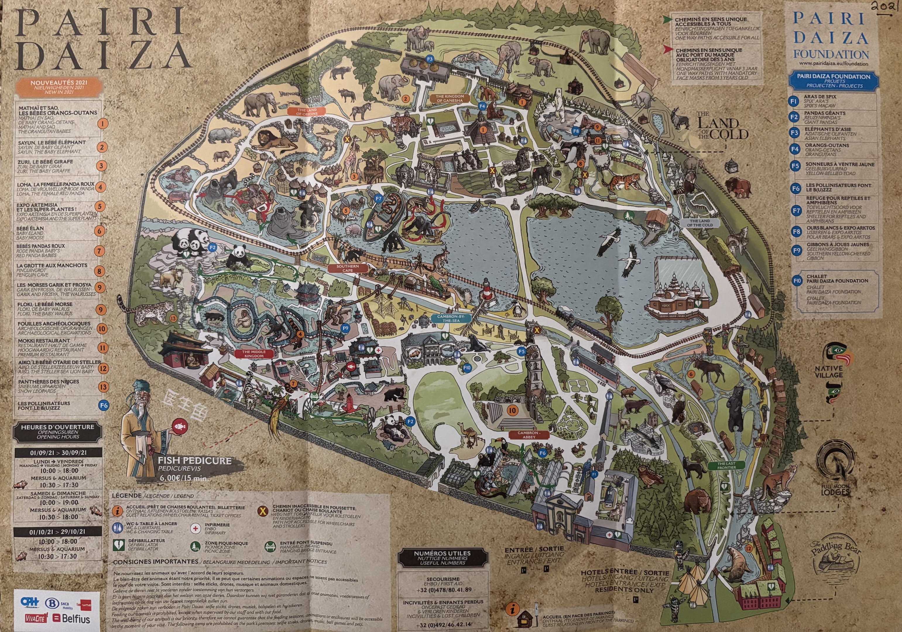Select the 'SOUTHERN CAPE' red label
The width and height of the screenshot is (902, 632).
tap(347, 268)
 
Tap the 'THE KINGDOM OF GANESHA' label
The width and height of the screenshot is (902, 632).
tap(450, 98)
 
